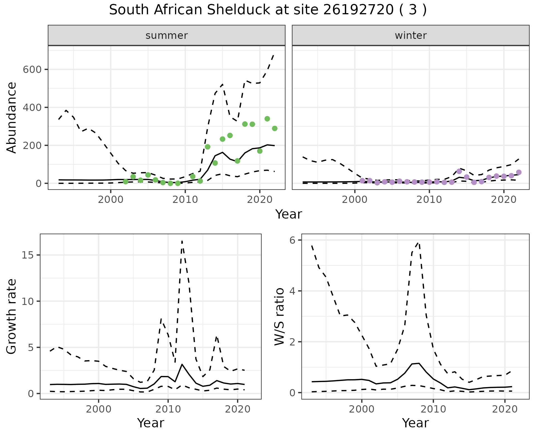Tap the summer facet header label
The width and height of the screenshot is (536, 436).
click(x=167, y=35)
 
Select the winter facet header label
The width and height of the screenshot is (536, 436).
click(x=411, y=35)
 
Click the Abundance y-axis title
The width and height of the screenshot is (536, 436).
click(x=12, y=118)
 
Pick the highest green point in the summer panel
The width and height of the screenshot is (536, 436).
click(x=267, y=119)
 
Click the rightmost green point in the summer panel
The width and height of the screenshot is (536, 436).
click(x=275, y=128)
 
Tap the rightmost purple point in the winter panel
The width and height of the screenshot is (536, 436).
click(x=519, y=172)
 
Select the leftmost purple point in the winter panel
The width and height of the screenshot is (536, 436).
click(x=362, y=181)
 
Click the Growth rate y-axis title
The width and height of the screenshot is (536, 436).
click(x=12, y=317)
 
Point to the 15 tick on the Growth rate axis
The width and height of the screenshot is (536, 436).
click(x=27, y=255)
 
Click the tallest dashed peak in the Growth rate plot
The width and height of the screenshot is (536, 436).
click(x=182, y=241)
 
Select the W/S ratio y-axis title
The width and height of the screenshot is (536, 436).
click(x=279, y=317)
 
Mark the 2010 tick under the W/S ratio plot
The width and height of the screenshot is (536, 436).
click(x=433, y=409)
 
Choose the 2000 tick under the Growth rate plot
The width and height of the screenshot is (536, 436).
click(x=99, y=409)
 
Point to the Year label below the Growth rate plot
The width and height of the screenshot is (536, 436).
click(x=151, y=423)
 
